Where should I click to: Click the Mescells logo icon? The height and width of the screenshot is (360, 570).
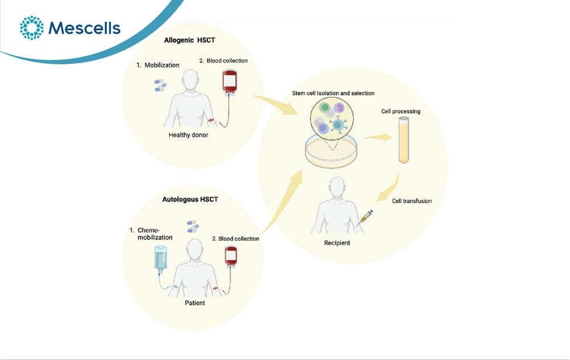coord(31,27)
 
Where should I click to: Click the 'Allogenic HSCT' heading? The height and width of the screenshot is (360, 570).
coord(189,40)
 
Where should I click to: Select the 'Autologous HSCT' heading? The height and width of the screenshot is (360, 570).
coord(190,199)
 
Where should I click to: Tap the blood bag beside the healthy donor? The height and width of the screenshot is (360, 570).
coord(229,83)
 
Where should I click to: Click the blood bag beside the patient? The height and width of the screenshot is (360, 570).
coord(231,256)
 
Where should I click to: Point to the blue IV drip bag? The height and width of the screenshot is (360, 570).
coord(161,258)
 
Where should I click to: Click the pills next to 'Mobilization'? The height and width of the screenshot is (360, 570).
coord(160,85)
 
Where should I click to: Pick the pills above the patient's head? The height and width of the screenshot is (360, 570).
coord(193,226)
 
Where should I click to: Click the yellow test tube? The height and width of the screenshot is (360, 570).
coord(404,140)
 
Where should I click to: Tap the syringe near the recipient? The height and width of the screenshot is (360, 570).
coord(365,218)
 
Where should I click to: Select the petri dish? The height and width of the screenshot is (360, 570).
coord(331,152)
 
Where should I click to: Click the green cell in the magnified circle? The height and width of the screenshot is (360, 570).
coord(324,107)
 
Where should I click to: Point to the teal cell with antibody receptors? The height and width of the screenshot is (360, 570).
coord(338,125)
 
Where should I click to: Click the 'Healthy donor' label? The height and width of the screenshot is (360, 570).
coord(188,135)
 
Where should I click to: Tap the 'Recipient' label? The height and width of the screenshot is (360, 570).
coord(337,243)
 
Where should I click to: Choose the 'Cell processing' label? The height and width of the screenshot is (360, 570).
coord(401,111)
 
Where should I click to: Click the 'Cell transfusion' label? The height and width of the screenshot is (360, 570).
coord(412,201)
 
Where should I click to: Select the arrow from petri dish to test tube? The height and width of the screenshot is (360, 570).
coord(377,137)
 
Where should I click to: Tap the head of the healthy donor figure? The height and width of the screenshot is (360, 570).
coord(191,79)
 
